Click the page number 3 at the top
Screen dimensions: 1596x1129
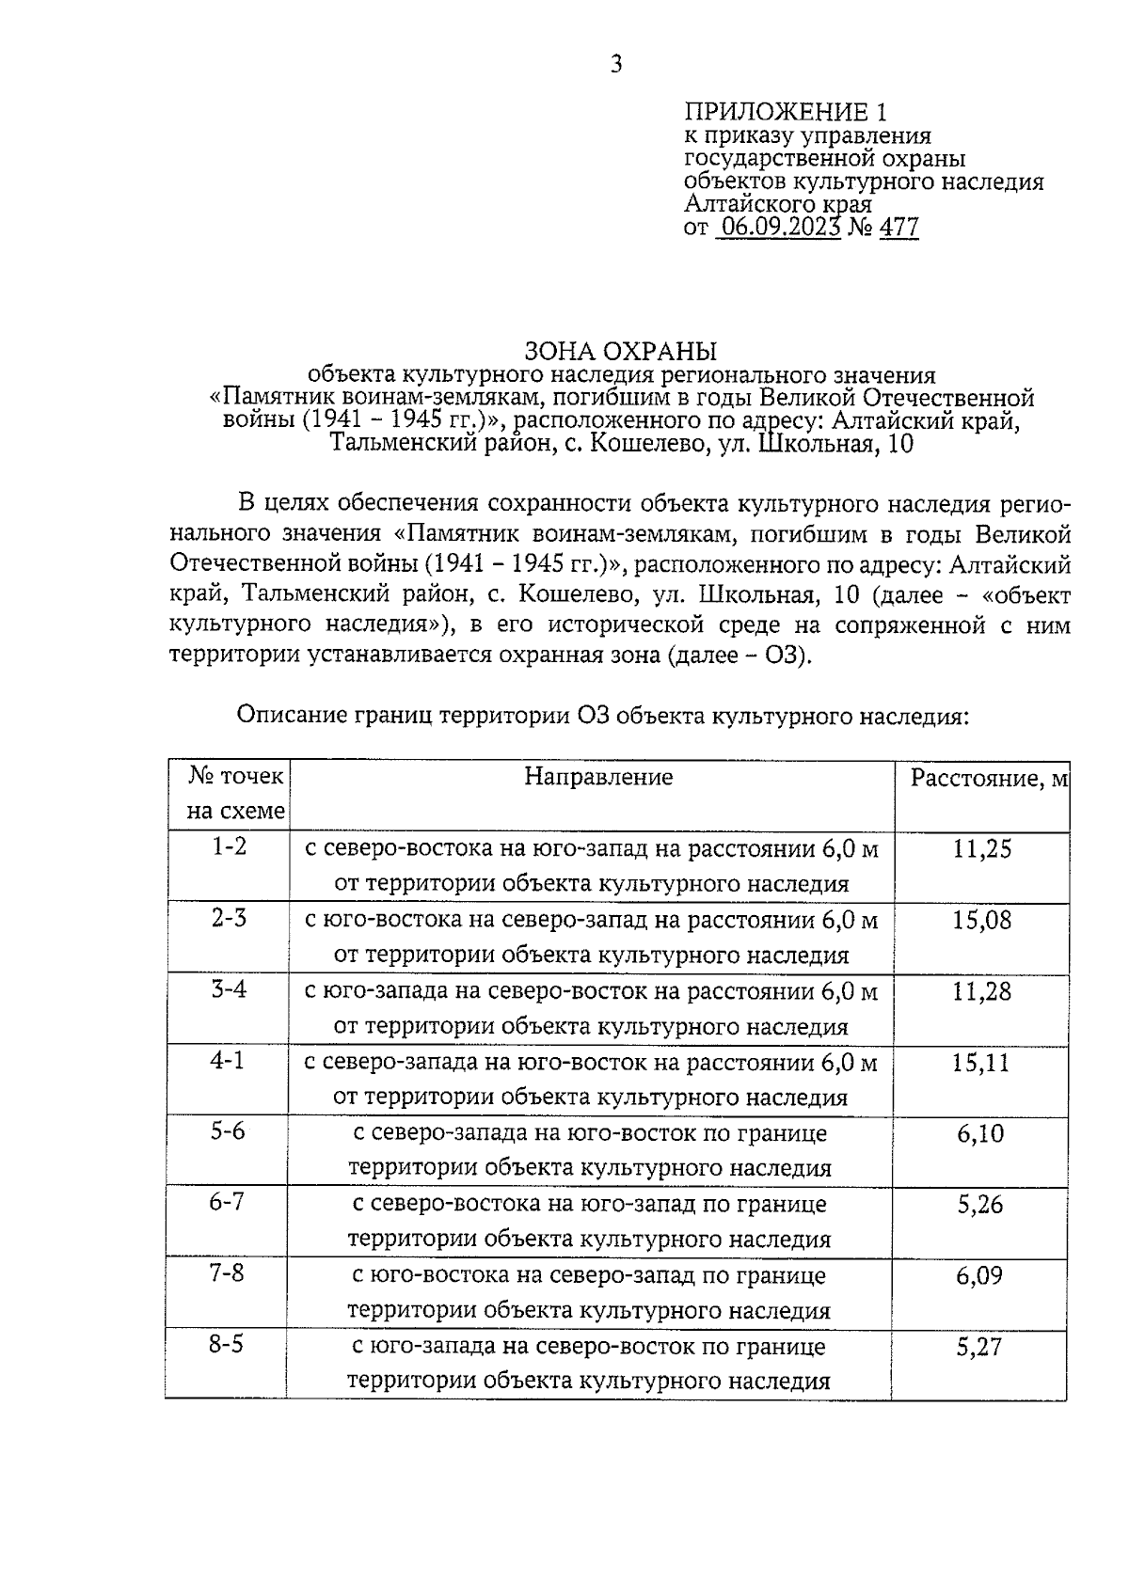616,64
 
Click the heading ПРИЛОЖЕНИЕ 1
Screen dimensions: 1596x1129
785,113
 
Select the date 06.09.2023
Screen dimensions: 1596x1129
779,227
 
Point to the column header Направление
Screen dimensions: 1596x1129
598,777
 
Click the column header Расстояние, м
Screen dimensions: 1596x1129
988,779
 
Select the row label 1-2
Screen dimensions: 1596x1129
229,846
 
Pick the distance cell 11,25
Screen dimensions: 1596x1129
981,849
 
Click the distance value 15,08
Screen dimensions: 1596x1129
981,920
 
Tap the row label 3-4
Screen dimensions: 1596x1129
229,989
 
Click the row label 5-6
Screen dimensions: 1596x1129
228,1131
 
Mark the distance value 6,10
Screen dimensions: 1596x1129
980,1134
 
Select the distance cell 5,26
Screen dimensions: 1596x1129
980,1205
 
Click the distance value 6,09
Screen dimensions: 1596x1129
979,1276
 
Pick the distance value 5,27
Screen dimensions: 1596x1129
979,1347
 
